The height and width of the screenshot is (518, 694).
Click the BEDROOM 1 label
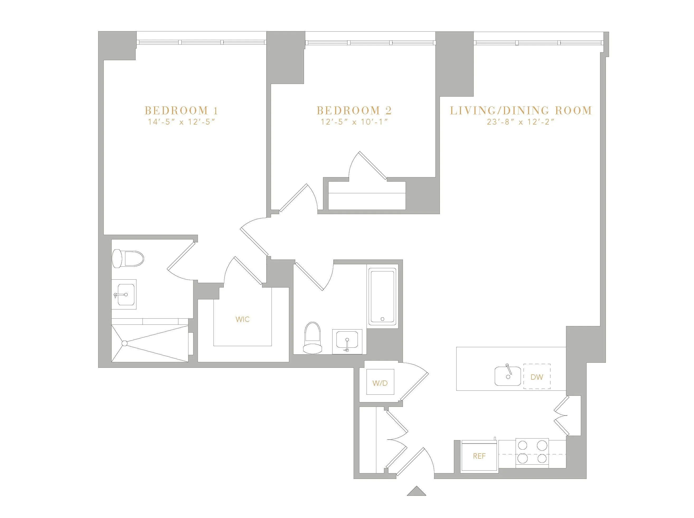pyautogui.click(x=181, y=110)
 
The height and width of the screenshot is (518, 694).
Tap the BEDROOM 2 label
pyautogui.click(x=354, y=110)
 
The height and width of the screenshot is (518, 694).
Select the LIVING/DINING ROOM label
pyautogui.click(x=521, y=110)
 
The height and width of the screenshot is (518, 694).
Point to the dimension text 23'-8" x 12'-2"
pyautogui.click(x=521, y=122)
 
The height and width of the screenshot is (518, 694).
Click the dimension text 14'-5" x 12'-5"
pyautogui.click(x=181, y=122)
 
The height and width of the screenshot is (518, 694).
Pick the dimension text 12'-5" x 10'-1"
pyautogui.click(x=354, y=122)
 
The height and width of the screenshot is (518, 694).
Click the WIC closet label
pyautogui.click(x=243, y=319)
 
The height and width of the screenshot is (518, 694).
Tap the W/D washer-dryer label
pyautogui.click(x=380, y=383)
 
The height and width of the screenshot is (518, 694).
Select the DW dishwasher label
pyautogui.click(x=537, y=377)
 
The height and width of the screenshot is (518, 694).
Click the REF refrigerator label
pyautogui.click(x=479, y=456)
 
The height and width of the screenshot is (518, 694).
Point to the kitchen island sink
pyautogui.click(x=508, y=376)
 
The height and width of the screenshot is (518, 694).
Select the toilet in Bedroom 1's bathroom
pyautogui.click(x=128, y=259)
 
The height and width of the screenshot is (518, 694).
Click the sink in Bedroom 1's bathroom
pyautogui.click(x=126, y=294)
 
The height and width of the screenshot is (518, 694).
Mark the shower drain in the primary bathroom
pyautogui.click(x=124, y=343)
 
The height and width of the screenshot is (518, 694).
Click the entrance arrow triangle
pyautogui.click(x=416, y=491)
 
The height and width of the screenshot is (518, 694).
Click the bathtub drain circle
pyautogui.click(x=382, y=319)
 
